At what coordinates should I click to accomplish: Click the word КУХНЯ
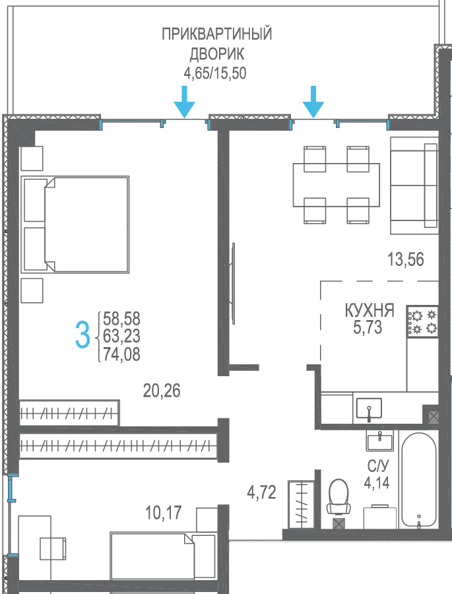370,310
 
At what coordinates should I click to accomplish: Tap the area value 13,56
405,260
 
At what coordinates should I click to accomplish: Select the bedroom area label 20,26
162,391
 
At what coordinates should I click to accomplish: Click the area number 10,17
164,513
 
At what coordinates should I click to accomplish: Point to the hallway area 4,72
262,493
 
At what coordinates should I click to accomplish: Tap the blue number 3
82,335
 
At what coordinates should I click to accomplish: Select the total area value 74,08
121,354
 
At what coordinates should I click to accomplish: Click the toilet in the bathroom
339,497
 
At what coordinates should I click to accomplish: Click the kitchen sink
369,409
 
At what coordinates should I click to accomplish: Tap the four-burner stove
423,321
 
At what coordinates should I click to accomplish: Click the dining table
337,185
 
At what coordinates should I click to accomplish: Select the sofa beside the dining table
414,185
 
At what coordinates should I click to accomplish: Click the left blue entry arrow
185,102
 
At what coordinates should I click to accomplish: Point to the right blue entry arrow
313,102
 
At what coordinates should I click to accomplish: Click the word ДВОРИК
216,54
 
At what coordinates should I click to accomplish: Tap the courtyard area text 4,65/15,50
215,73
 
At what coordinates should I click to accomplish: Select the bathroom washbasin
379,442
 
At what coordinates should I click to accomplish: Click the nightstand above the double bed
32,158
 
